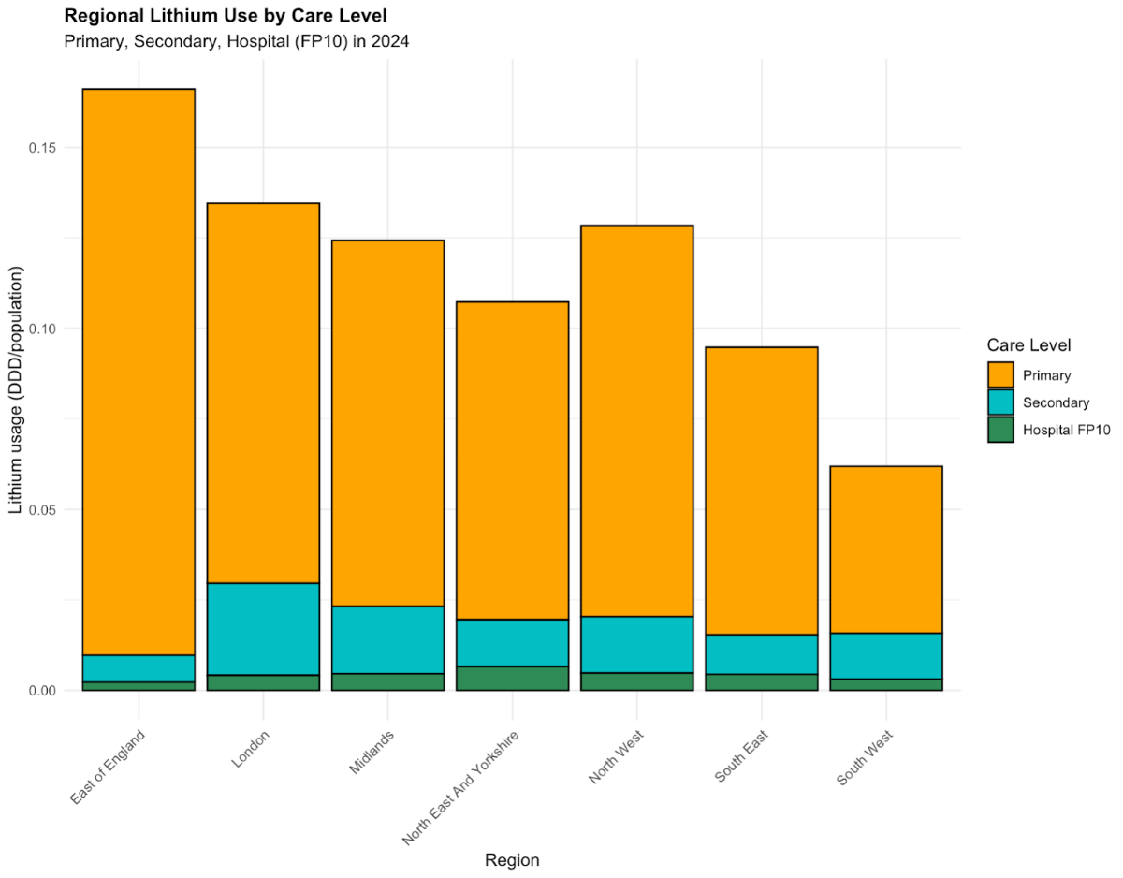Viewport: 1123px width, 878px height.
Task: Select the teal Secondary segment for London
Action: point(263,629)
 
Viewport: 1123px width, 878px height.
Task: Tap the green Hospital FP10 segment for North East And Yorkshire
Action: point(512,679)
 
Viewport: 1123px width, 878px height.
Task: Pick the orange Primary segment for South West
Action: point(885,549)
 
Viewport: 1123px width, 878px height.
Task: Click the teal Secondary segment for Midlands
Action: point(387,640)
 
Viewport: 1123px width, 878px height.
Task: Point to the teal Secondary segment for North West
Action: point(636,645)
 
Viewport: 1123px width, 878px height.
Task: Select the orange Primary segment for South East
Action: point(761,490)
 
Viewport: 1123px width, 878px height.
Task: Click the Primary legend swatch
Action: point(1000,374)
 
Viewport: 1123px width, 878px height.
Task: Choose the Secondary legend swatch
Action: point(1000,402)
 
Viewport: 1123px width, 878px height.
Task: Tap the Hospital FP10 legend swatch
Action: point(1000,430)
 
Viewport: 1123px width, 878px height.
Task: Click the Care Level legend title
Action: point(1029,345)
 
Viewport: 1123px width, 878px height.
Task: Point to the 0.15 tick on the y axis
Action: point(43,148)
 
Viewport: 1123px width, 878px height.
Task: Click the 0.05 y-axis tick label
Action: point(43,510)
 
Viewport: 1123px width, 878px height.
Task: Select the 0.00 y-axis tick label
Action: point(43,691)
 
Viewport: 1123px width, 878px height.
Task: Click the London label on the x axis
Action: point(251,749)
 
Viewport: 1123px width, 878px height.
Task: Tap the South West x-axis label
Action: point(867,758)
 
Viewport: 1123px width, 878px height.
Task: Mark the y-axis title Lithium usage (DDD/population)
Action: point(16,390)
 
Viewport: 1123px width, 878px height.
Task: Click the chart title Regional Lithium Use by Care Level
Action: point(226,16)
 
